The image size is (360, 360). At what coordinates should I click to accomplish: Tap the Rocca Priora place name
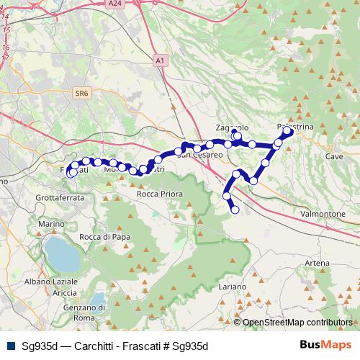click(160, 194)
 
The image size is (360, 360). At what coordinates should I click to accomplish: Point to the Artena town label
click(317, 264)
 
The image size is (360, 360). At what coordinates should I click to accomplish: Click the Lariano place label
click(233, 287)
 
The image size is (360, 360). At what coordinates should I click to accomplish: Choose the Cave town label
click(334, 156)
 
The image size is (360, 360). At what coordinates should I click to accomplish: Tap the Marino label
click(52, 225)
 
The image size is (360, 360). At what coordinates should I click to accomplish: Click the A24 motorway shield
click(114, 4)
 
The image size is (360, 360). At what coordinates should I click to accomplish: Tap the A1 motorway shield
click(160, 62)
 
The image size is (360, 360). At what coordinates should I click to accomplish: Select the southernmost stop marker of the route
click(235, 210)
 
